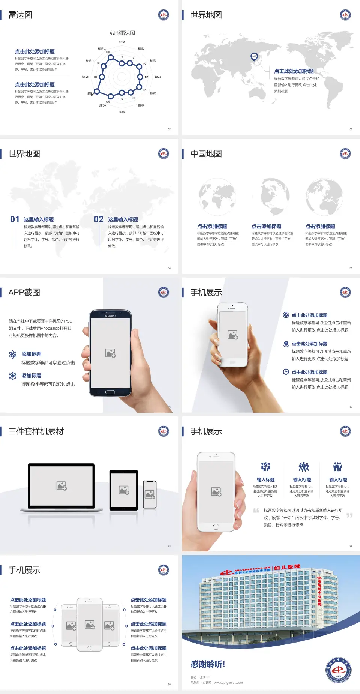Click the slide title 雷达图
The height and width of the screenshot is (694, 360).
pos(20,15)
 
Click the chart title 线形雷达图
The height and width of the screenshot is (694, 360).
pos(122,33)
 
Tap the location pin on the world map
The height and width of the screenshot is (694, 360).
pos(254,57)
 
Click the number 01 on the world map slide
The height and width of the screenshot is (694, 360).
pos(15,219)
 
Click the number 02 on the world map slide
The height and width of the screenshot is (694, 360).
pos(99,219)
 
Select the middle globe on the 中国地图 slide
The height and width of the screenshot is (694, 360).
pos(275,196)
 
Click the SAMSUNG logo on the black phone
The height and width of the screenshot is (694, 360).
pos(110,316)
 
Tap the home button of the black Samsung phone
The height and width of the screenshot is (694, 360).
pos(110,392)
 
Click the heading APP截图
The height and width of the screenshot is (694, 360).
pos(24,293)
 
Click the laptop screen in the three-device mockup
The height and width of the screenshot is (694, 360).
pos(61,486)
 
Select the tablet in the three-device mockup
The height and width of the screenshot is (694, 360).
pos(124,490)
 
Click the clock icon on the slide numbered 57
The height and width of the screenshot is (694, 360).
pos(286,372)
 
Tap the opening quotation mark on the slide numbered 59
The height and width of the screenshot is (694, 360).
pos(256,510)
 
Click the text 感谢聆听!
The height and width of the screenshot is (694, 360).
pos(208,664)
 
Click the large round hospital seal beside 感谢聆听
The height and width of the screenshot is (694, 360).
pos(339,670)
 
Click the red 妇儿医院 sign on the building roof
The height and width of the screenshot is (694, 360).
pos(287,567)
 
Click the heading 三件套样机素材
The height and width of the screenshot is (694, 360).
pos(36,431)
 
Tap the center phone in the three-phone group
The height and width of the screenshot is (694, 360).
pos(90,624)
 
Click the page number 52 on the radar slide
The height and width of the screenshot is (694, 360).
pos(169,129)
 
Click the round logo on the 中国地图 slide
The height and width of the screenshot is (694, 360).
pos(345,153)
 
